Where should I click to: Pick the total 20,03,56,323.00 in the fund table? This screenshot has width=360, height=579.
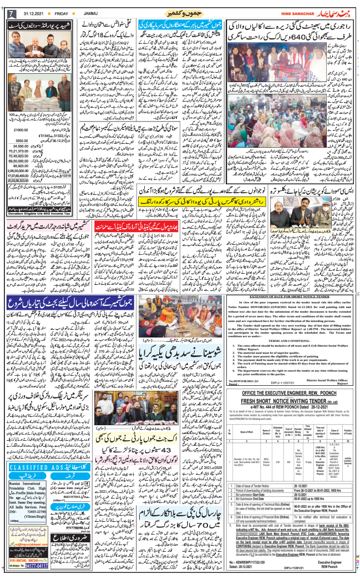(x=22, y=180)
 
